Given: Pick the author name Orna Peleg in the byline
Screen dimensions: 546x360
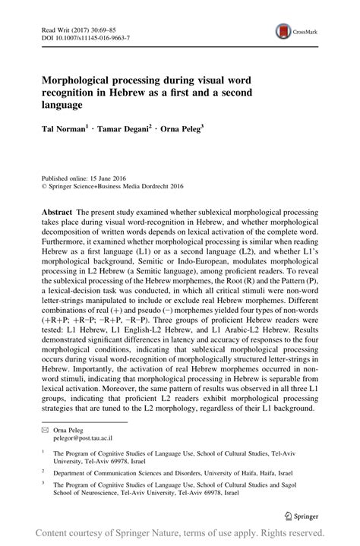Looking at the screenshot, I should pyautogui.click(x=187, y=130).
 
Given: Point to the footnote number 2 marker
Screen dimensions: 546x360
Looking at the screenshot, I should pyautogui.click(x=43, y=470).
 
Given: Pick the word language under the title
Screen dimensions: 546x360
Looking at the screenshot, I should pyautogui.click(x=58, y=105).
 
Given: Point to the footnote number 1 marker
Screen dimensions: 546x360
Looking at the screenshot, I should pyautogui.click(x=43, y=453).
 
